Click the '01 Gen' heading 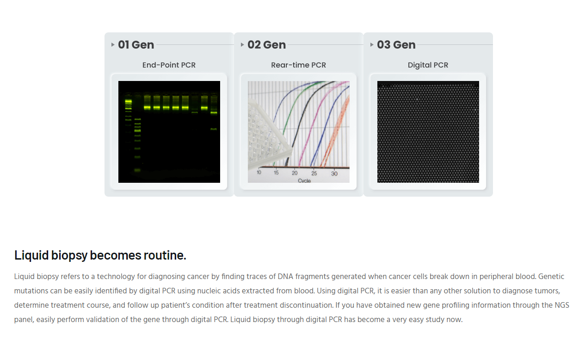pyautogui.click(x=136, y=45)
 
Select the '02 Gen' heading pyautogui.click(x=266, y=45)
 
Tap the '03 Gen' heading pyautogui.click(x=396, y=45)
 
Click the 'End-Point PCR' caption pyautogui.click(x=169, y=65)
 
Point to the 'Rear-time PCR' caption pyautogui.click(x=298, y=65)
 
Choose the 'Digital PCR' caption pyautogui.click(x=428, y=65)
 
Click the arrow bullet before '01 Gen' pyautogui.click(x=113, y=45)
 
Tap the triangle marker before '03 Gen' pyautogui.click(x=372, y=45)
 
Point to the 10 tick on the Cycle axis pyautogui.click(x=259, y=173)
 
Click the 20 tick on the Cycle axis pyautogui.click(x=295, y=173)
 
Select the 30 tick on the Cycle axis pyautogui.click(x=334, y=174)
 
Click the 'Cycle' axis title pyautogui.click(x=304, y=180)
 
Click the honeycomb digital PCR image pyautogui.click(x=428, y=132)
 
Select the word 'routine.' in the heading pyautogui.click(x=165, y=255)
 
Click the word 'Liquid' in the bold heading pyautogui.click(x=31, y=255)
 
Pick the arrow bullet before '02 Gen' pyautogui.click(x=242, y=45)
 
